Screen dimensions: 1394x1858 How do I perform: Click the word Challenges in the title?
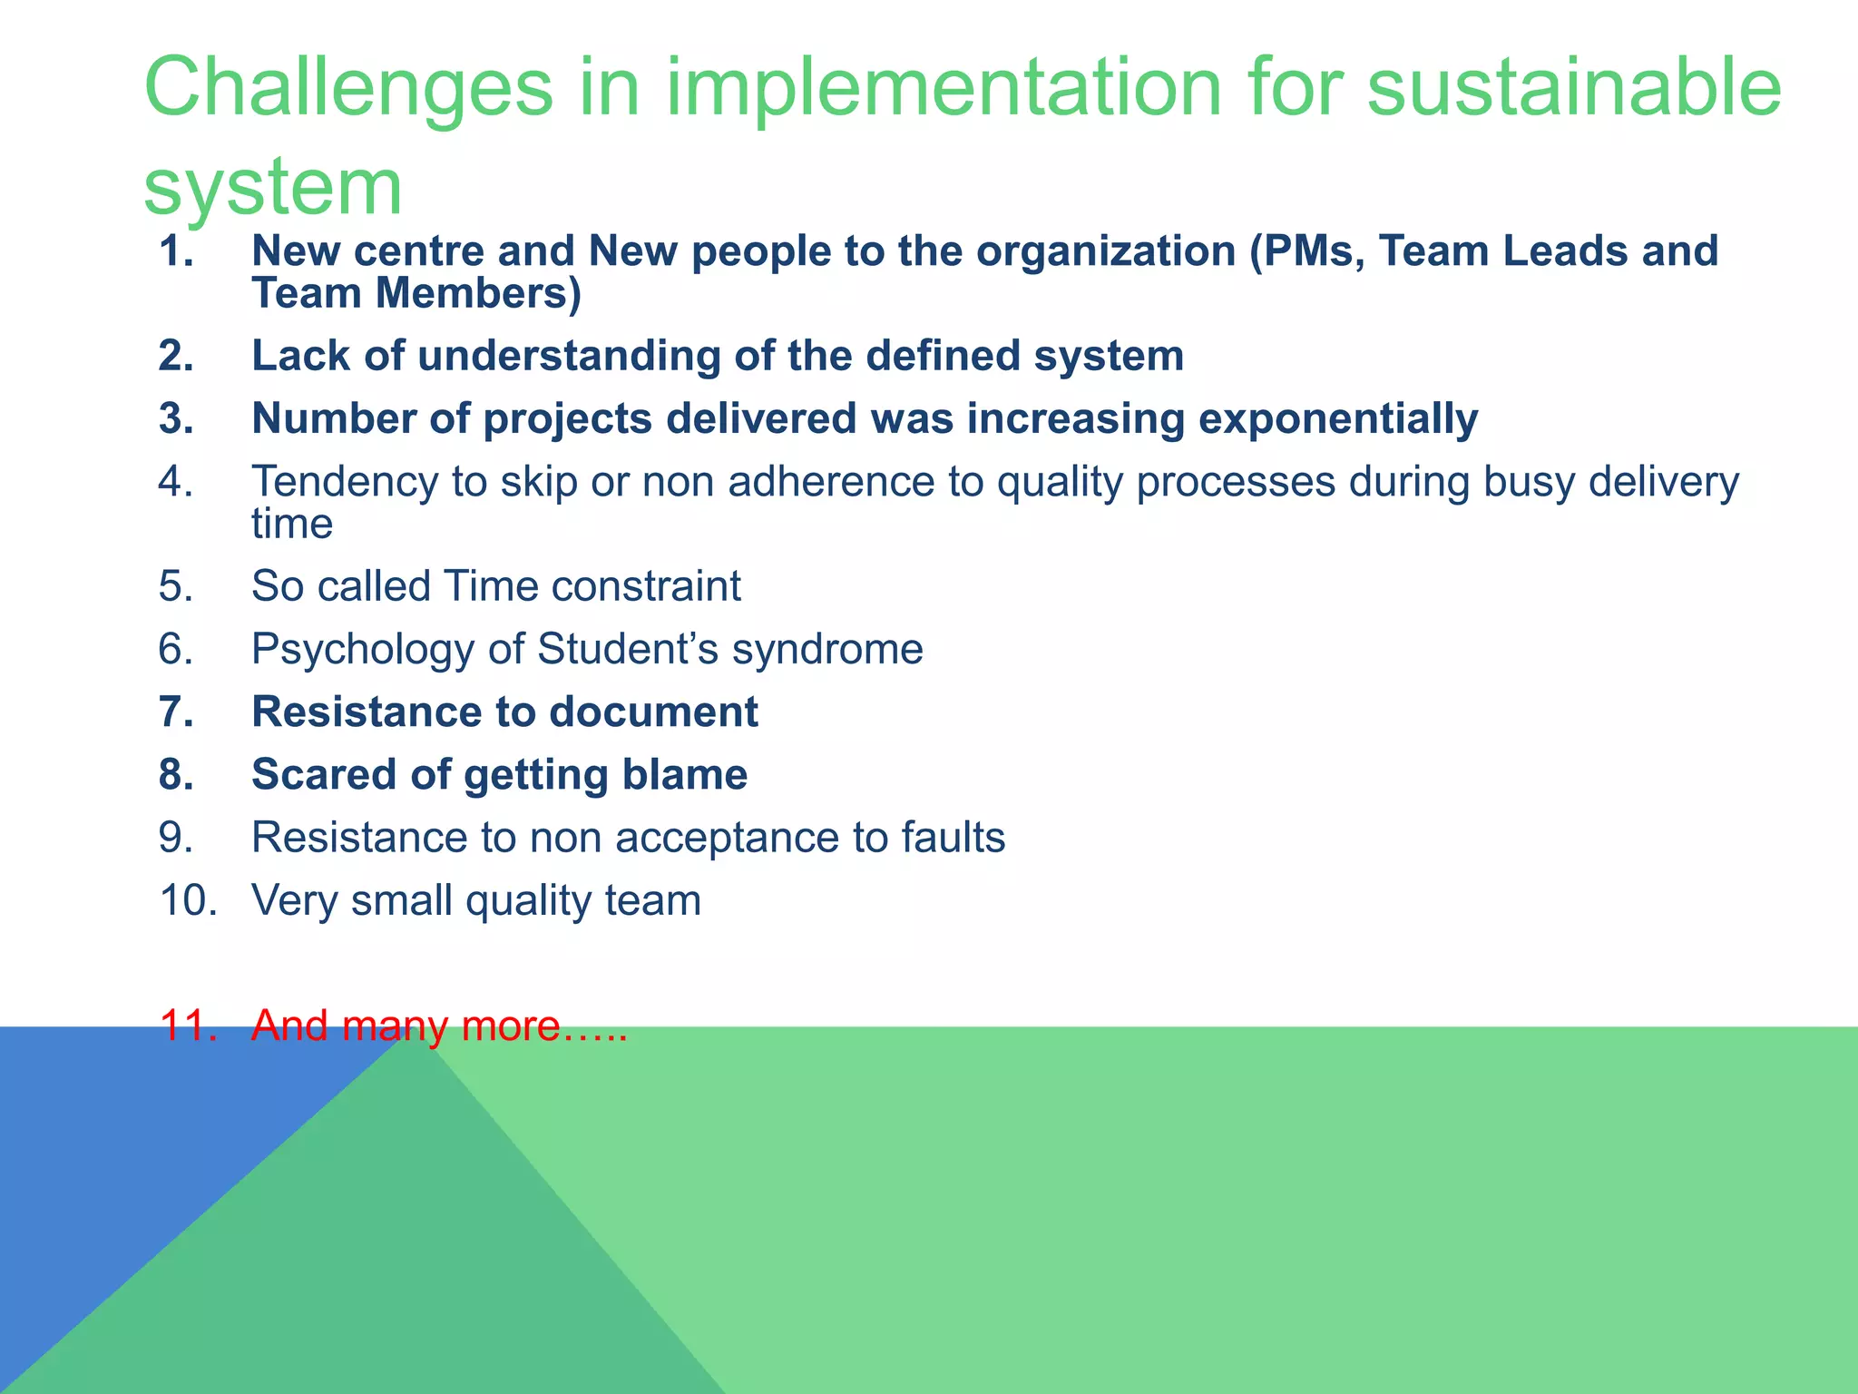348,89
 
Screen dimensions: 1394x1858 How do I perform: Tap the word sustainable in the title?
1573,89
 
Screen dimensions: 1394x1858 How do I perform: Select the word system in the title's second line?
272,187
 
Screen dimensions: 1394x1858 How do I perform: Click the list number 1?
176,251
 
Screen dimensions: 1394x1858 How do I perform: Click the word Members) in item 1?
478,294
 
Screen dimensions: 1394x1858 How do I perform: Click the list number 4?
176,482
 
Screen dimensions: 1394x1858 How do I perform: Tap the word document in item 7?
652,712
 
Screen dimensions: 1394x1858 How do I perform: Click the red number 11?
188,1026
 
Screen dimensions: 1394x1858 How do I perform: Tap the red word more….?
543,1026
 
